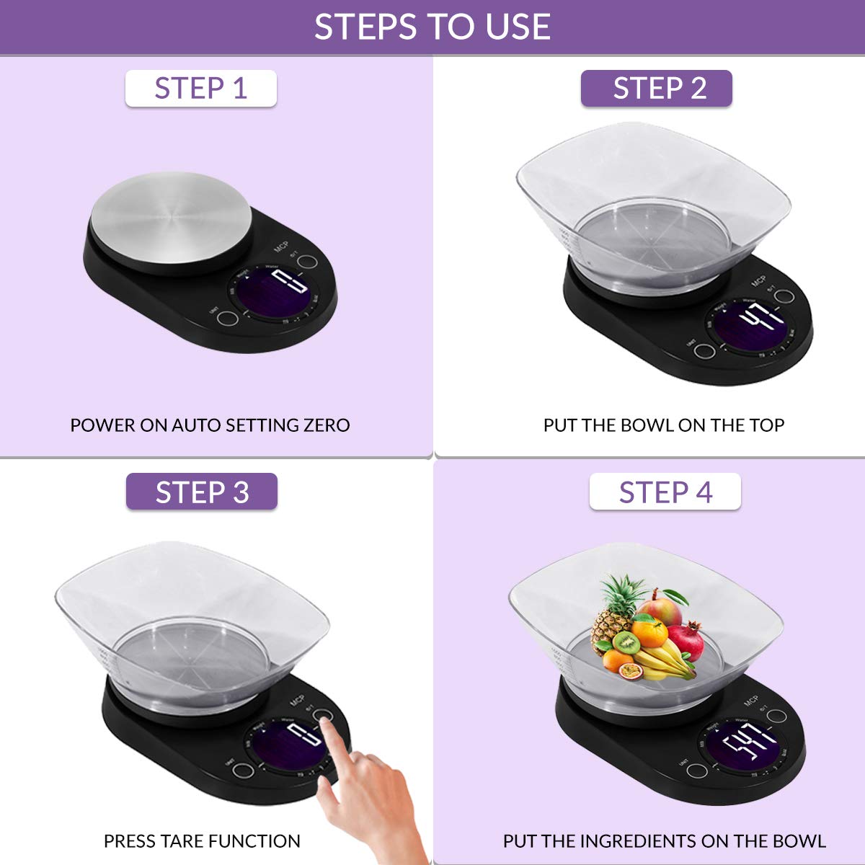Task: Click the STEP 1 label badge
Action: point(200,89)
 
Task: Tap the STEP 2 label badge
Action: point(657,89)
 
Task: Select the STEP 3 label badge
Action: point(202,492)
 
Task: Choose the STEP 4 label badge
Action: point(665,492)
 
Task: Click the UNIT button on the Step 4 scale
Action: point(696,771)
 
